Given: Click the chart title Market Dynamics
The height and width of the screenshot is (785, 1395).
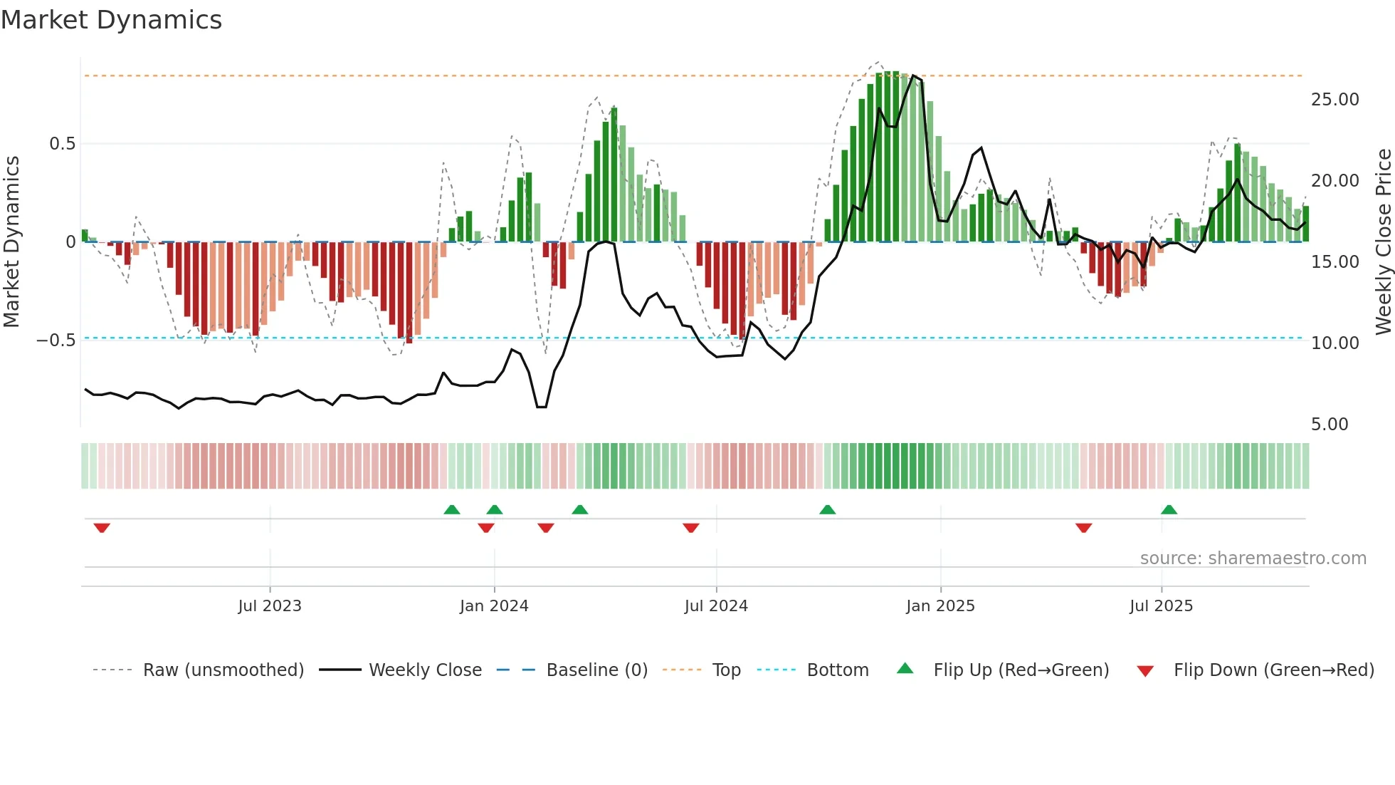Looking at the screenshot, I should coord(111,20).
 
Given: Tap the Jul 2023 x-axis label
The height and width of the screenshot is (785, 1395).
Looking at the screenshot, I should coord(270,606).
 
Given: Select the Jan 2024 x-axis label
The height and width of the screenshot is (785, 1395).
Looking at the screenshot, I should coord(494,606).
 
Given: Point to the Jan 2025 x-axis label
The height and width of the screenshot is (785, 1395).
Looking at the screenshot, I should coord(940,606).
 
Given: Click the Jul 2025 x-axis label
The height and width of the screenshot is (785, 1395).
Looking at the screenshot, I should coord(1161,606).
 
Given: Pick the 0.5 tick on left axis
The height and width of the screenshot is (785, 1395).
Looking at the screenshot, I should coord(62,144).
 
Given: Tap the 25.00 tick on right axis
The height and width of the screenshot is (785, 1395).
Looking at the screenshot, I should coord(1335,100).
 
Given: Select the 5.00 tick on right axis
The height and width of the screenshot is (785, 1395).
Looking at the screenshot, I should coord(1330,425).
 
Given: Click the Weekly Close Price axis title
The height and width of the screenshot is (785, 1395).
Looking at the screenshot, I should coord(1383,242).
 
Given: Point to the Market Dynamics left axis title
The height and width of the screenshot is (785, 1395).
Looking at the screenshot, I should coord(11,242).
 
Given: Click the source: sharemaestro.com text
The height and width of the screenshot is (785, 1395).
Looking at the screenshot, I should coord(1253,558).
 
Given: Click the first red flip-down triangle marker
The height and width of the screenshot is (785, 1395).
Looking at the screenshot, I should coord(102,528).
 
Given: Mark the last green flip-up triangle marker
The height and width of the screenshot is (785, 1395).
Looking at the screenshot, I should coord(1169,509).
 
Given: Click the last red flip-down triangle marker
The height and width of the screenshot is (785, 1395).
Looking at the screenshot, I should coord(1083,528).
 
